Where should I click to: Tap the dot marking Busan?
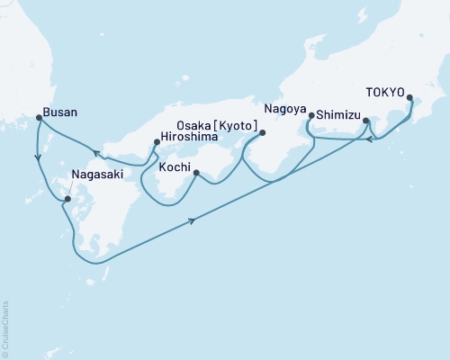pos(38,117)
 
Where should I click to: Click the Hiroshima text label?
pos(192,139)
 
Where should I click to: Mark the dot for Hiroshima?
pos(156,139)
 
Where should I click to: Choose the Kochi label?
pos(175,167)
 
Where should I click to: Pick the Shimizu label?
pos(339,115)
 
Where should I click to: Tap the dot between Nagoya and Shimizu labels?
pos(310,115)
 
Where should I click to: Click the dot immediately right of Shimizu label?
pos(365,119)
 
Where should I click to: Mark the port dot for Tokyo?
pos(409,98)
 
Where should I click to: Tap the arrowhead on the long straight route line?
pos(193,220)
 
